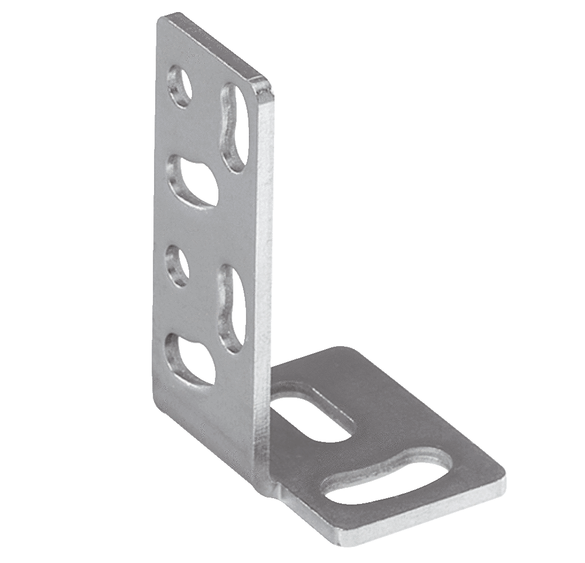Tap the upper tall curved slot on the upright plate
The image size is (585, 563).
[235, 127]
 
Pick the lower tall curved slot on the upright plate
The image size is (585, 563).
[233, 308]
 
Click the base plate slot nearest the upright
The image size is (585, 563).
[311, 416]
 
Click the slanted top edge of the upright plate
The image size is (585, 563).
[213, 49]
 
